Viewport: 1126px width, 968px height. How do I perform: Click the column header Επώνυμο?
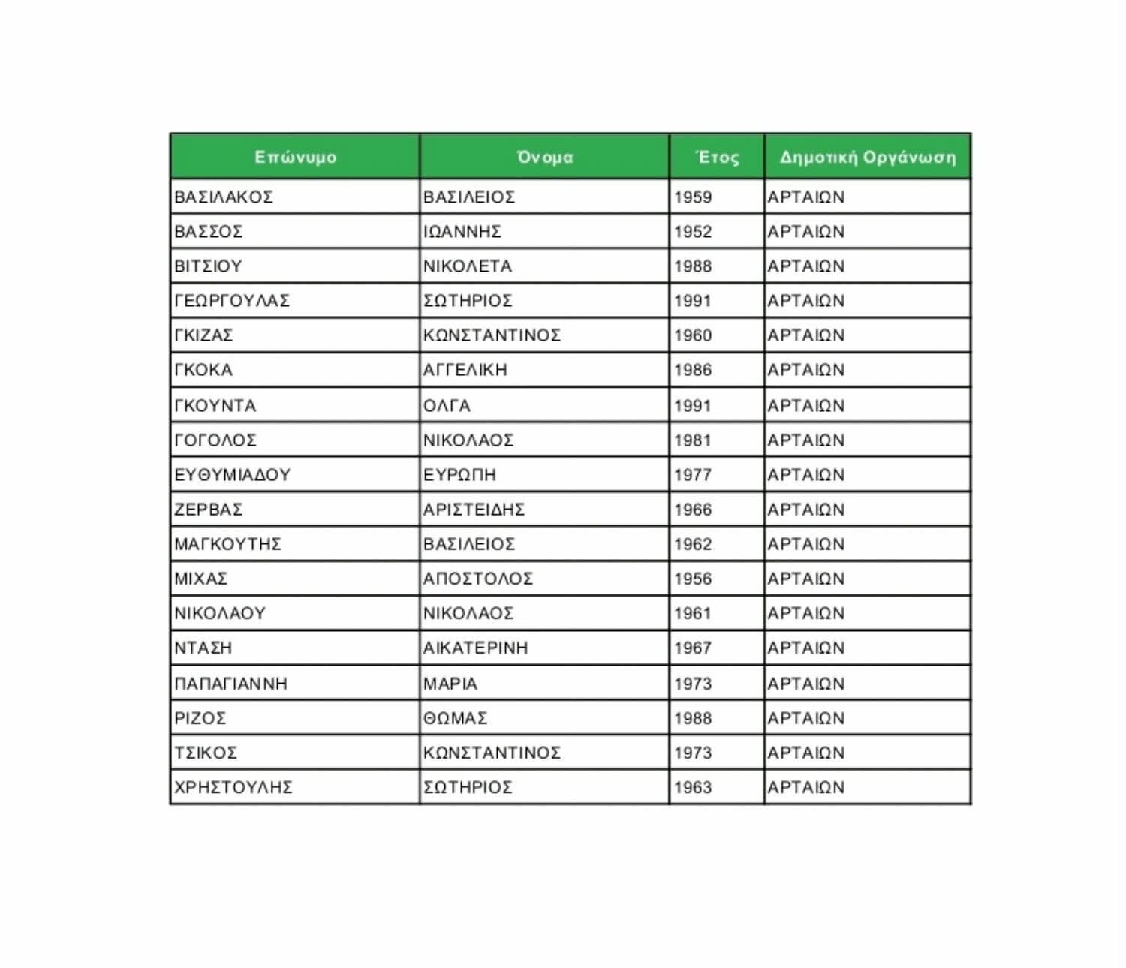(x=295, y=158)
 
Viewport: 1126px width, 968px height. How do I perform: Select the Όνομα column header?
(x=544, y=158)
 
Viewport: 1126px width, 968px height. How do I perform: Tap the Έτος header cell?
(x=717, y=158)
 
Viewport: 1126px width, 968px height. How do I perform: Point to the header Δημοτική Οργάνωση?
(x=867, y=158)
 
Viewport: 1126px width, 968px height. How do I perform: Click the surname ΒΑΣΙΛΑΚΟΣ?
(x=224, y=197)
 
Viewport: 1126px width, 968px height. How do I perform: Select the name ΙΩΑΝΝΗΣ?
(x=462, y=232)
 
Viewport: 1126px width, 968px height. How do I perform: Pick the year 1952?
(x=692, y=232)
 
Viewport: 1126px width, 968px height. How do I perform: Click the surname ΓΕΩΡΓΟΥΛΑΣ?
(x=232, y=301)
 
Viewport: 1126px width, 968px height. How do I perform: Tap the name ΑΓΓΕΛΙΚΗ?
(x=465, y=370)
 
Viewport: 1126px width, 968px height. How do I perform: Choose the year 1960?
(x=692, y=335)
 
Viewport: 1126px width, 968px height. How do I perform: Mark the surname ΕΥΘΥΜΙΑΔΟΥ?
(x=232, y=475)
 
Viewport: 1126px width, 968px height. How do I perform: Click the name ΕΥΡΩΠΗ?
(x=459, y=475)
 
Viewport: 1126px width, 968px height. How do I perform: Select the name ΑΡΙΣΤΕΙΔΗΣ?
(x=474, y=510)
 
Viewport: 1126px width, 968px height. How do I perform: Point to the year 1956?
(x=692, y=579)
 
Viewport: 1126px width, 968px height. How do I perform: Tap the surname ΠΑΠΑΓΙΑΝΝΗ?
(x=230, y=684)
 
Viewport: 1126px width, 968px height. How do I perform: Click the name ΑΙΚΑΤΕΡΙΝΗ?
(x=475, y=648)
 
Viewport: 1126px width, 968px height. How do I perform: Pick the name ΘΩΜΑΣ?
(x=455, y=718)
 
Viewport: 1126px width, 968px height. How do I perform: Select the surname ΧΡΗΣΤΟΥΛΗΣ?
(x=233, y=787)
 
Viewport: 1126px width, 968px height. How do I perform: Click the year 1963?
(x=692, y=787)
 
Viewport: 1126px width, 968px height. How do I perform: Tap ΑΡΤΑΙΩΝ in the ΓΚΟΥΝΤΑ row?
(x=805, y=406)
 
